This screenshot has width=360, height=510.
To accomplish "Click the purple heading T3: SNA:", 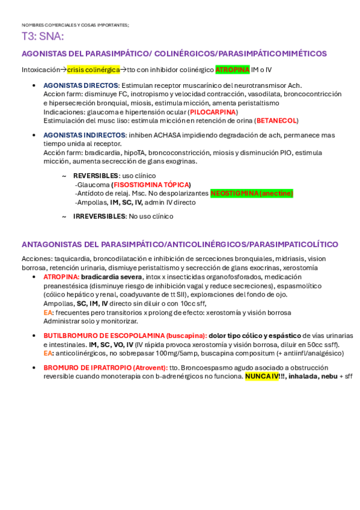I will click(43, 37).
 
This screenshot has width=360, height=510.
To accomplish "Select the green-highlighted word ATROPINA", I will click(232, 70).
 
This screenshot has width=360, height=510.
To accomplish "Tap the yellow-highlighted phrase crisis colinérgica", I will click(93, 70).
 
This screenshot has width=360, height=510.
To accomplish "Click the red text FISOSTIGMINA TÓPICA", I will click(151, 185).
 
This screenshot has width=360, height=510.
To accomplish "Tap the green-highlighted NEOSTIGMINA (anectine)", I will click(252, 193).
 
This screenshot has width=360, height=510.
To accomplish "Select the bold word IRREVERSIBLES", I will click(99, 217).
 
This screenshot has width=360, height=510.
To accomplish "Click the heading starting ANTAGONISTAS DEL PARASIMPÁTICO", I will click(180, 244).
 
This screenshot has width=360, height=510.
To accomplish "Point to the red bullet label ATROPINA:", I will click(61, 277).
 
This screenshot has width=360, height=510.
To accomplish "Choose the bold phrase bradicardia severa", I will click(112, 277).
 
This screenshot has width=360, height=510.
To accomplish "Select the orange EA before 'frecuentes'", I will click(47, 313).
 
